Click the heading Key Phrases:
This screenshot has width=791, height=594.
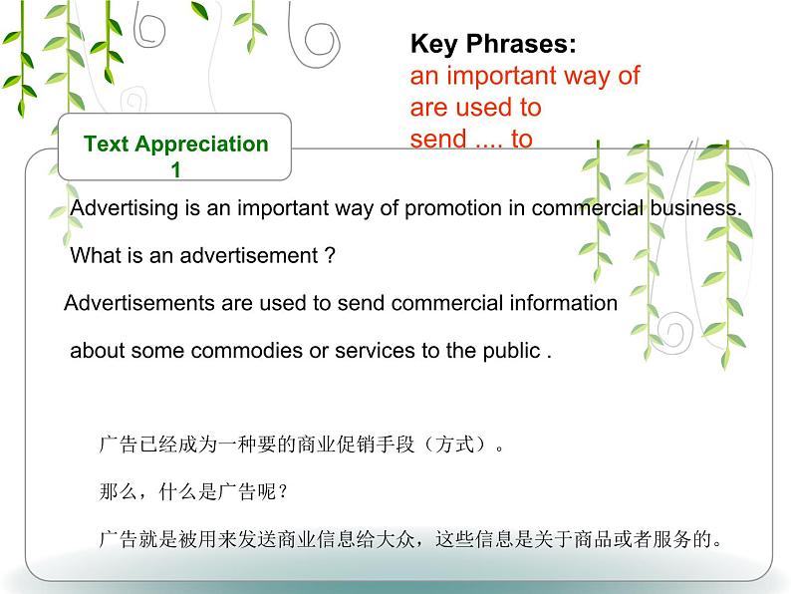coord(493,45)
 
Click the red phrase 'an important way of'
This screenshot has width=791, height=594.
coord(524,76)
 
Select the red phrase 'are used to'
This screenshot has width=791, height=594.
coord(475,107)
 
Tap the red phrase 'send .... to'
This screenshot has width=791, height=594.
coord(471,139)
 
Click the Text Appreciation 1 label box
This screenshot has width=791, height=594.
coord(175,154)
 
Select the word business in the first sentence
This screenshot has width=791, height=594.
coord(702,208)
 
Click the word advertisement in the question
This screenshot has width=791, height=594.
coord(255,255)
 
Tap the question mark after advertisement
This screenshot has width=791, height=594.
coord(330,255)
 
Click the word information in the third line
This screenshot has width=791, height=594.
coord(563,303)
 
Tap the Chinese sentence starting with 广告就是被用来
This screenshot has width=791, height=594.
coord(410,540)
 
